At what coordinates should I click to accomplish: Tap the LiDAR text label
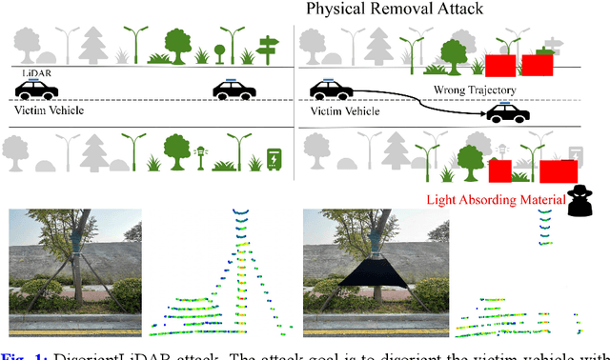click(x=36, y=72)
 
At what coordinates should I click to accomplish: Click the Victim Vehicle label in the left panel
click(x=43, y=110)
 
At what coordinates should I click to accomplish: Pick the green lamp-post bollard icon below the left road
click(x=200, y=155)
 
